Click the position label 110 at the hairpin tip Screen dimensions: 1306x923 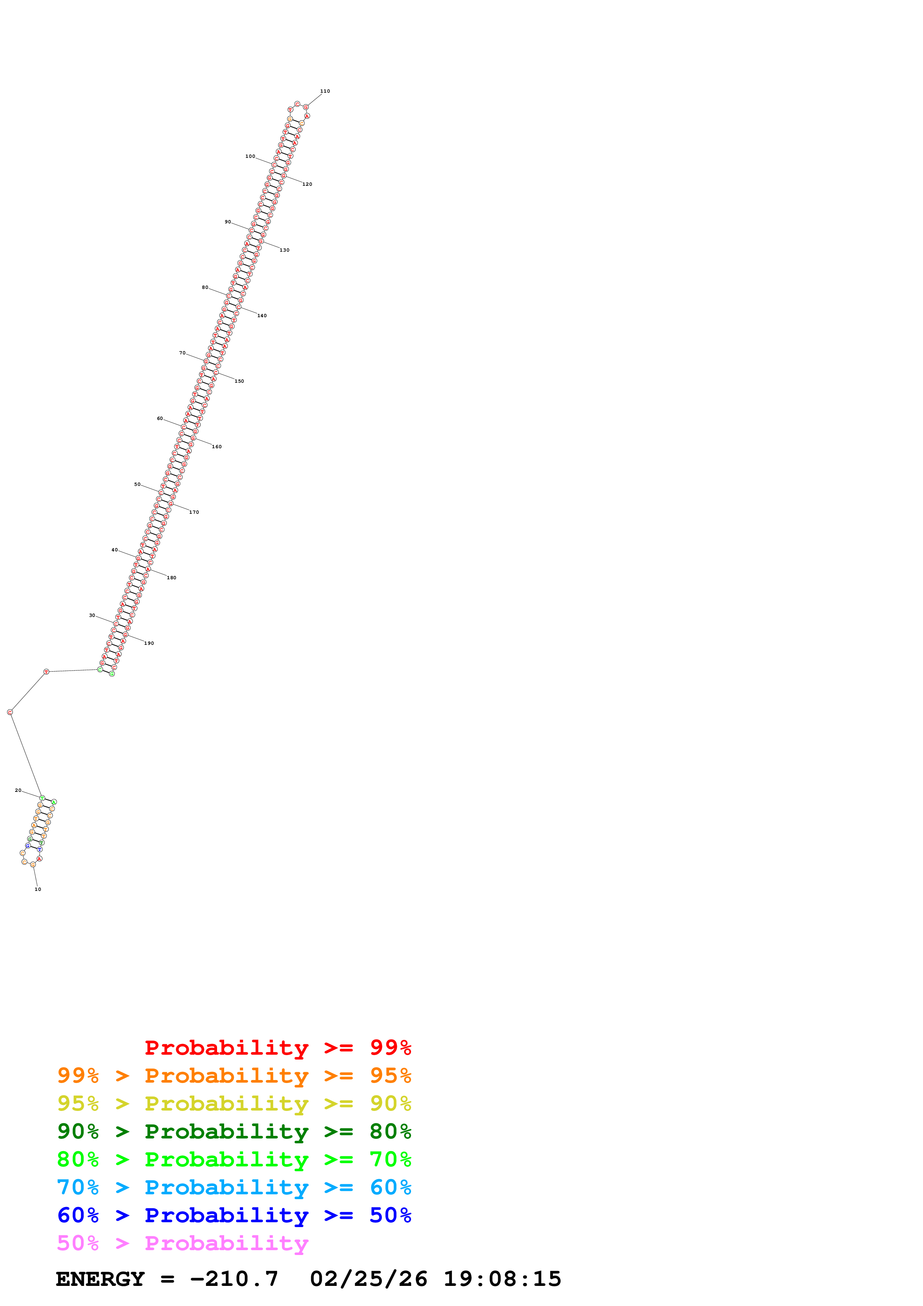coord(325,91)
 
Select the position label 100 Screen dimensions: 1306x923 coord(250,156)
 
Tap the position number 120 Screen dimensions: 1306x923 coord(307,184)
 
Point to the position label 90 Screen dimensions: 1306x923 coord(227,222)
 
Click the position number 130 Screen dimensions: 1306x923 coord(284,250)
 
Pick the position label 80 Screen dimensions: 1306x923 coord(205,287)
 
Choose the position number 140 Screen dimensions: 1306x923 coord(262,316)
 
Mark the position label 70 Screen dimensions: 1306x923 coord(182,353)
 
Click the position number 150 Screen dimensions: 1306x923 coord(239,381)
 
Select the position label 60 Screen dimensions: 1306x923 coord(160,419)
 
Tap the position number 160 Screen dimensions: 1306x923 coord(217,446)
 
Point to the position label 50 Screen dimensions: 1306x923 coord(137,484)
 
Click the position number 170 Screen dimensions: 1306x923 coord(194,512)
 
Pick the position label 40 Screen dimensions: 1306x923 coord(114,550)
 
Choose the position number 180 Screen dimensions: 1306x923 coord(171,577)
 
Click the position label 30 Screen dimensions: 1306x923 coord(92,615)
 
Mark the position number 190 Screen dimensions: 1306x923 coord(149,643)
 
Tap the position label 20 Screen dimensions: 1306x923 coord(17,790)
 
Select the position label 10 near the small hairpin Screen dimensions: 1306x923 coord(38,889)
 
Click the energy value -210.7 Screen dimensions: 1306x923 coord(234,1279)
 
